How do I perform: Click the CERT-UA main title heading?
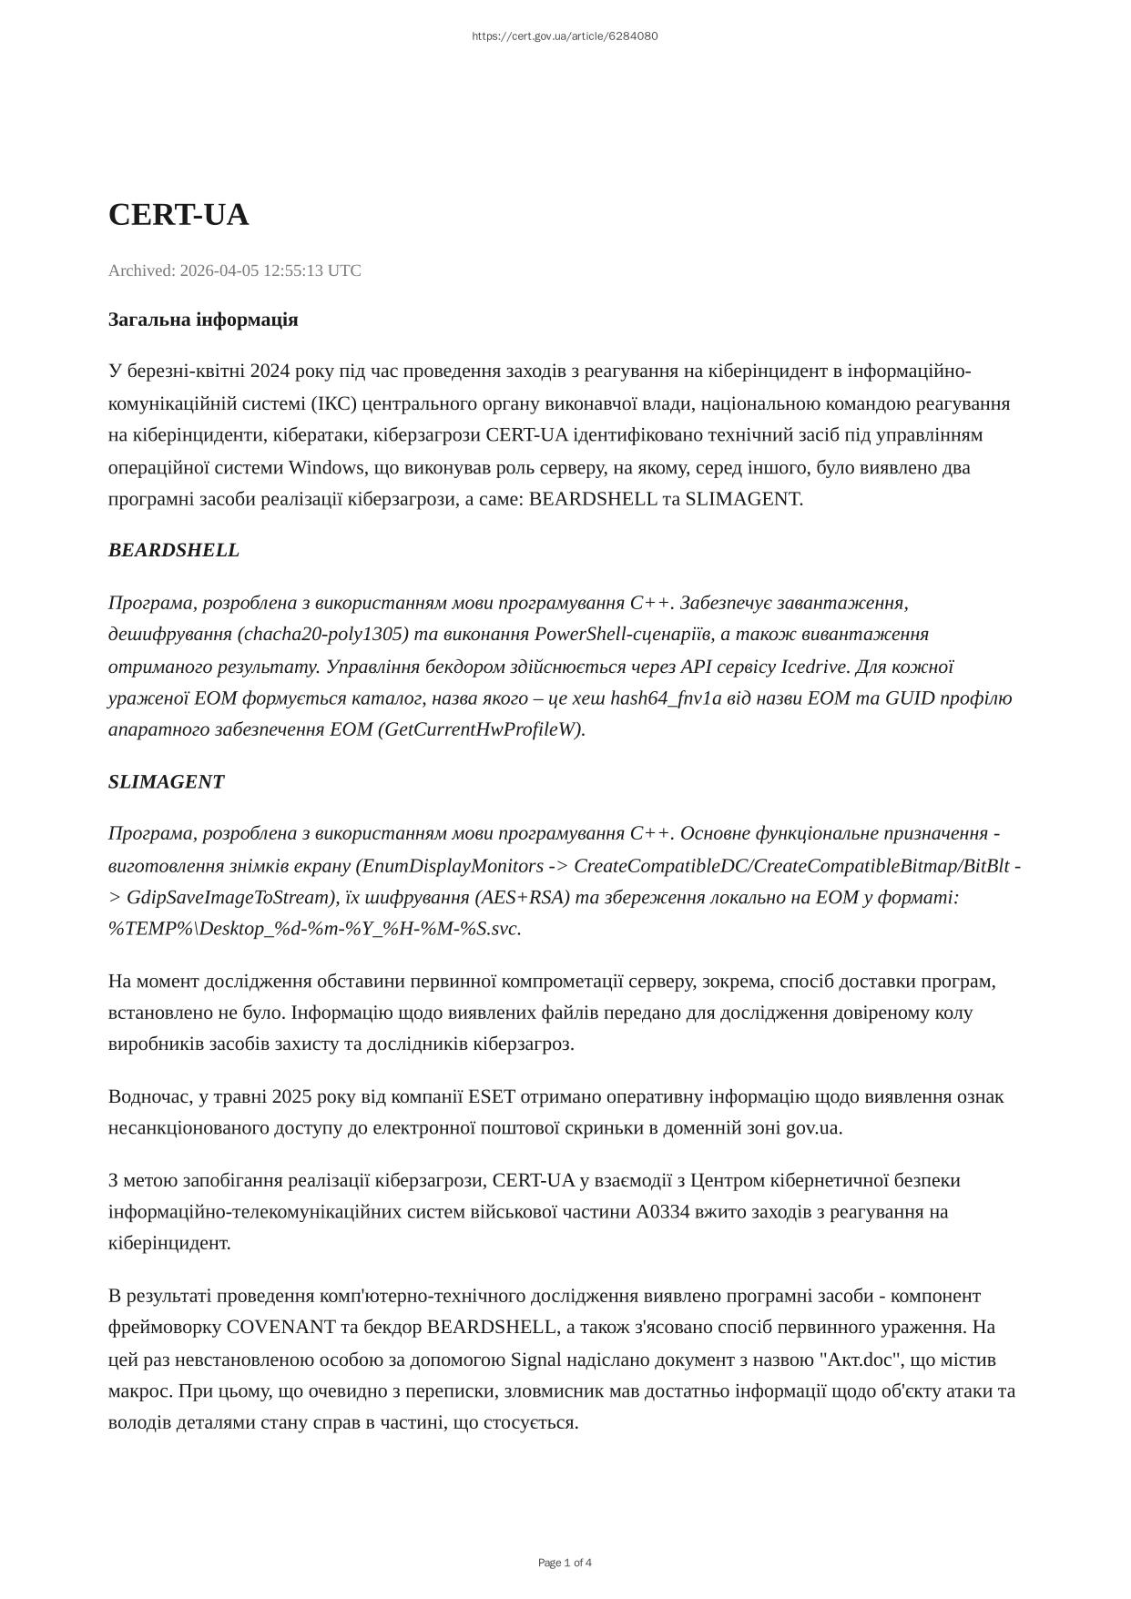(178, 215)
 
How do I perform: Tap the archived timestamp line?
(234, 270)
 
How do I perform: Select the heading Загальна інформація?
(203, 320)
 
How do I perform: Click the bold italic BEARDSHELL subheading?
(174, 550)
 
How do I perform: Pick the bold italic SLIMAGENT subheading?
(166, 781)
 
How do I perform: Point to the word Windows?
(324, 467)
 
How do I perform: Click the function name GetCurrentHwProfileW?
(481, 729)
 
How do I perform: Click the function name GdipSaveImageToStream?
(227, 897)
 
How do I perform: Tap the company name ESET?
(493, 1096)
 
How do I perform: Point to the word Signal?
(536, 1360)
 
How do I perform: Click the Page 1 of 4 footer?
(565, 1563)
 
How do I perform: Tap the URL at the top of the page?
(565, 36)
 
